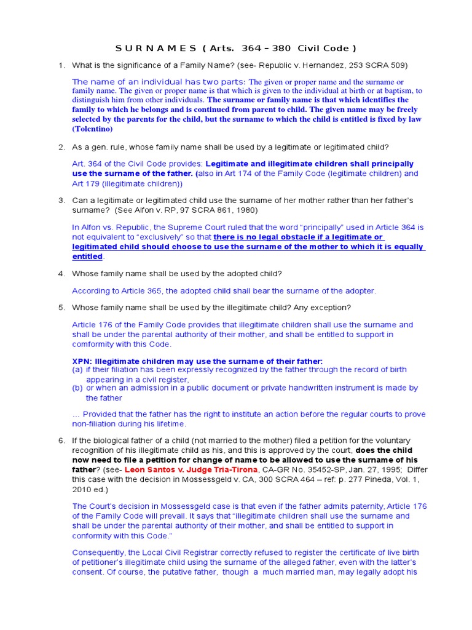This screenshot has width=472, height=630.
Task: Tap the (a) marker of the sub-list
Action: (77, 370)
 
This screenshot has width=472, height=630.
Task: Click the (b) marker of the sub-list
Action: (77, 388)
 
